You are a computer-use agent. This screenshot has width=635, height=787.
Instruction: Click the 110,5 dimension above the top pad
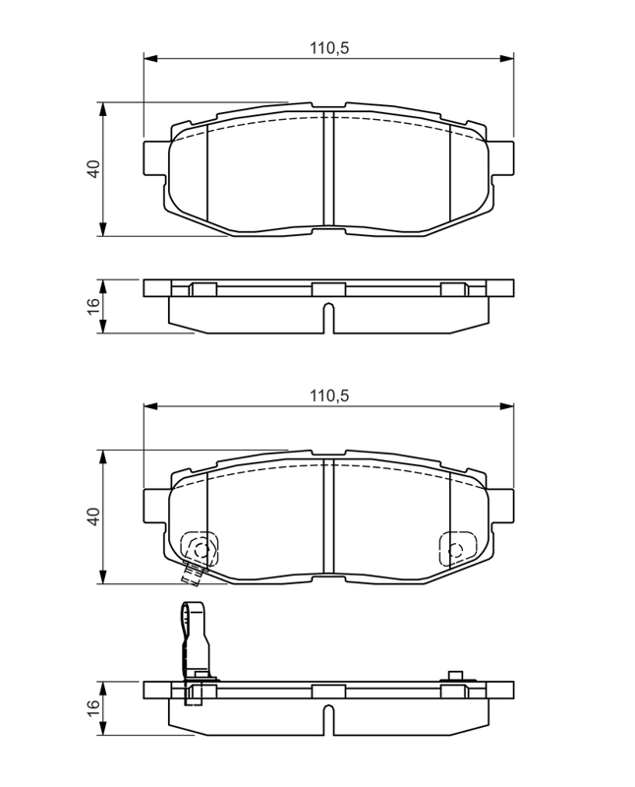point(329,48)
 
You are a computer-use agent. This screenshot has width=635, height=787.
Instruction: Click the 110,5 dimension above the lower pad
point(329,396)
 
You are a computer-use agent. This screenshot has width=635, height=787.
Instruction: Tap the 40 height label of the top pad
point(93,168)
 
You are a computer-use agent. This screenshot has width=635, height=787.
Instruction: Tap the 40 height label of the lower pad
point(93,516)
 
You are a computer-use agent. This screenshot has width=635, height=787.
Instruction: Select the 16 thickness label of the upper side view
point(93,306)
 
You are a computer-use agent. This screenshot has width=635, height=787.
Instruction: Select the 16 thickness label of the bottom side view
point(93,707)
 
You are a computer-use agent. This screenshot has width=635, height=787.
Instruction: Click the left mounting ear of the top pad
point(154,158)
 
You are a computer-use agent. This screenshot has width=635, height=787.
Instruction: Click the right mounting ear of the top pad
point(501,158)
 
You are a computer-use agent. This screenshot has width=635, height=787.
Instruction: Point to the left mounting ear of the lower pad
point(154,506)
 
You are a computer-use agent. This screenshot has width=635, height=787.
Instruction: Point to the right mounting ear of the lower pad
point(501,506)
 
